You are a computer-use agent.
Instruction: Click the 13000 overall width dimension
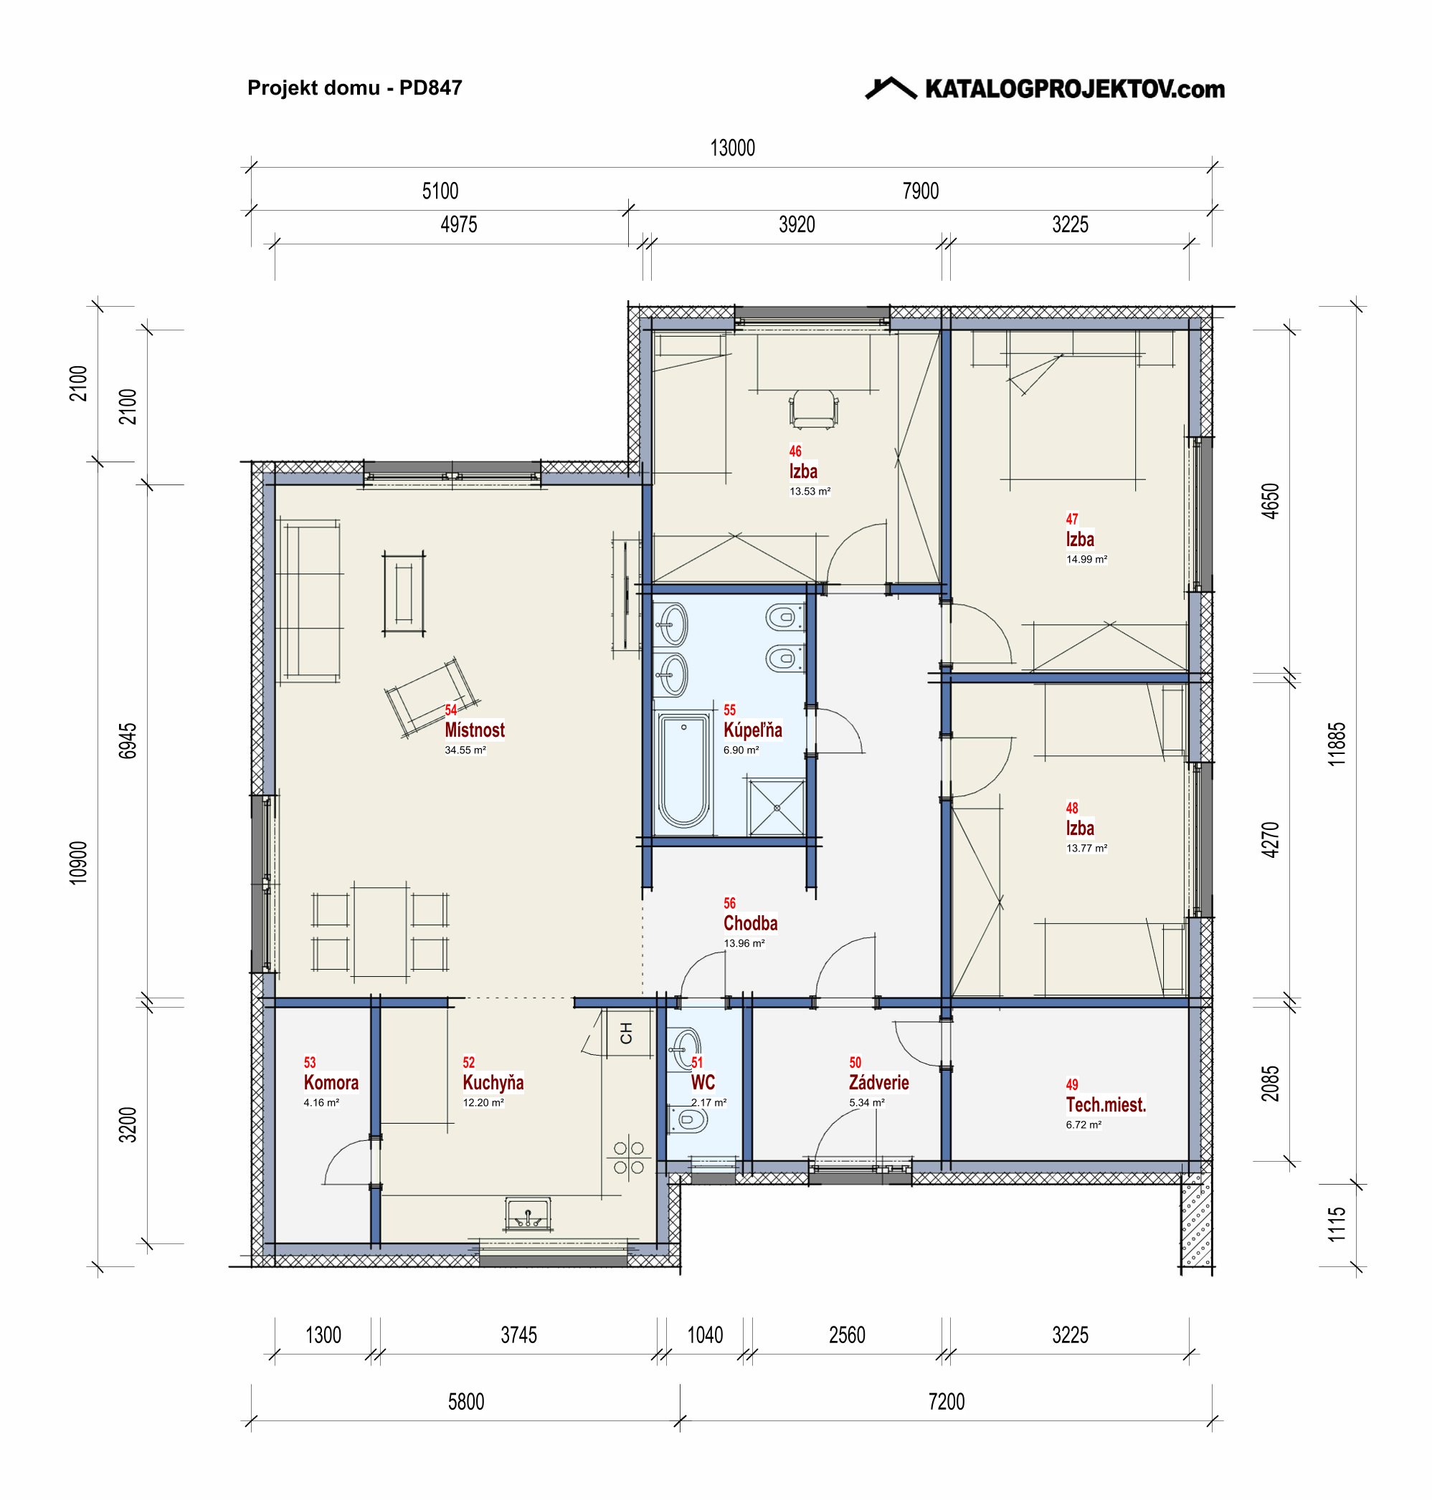732,148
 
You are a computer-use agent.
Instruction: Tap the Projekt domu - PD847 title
355,87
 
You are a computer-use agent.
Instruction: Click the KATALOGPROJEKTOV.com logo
1044,88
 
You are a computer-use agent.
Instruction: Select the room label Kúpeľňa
753,730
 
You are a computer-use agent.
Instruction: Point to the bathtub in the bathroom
684,770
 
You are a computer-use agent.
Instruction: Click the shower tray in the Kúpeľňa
777,807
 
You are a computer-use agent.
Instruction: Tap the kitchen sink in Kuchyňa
528,1214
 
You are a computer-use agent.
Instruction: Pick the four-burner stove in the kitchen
629,1157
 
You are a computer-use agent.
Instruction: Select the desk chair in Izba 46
814,409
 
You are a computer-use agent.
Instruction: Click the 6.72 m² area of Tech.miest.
1084,1124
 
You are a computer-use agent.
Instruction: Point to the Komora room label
331,1082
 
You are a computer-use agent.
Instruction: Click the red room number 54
451,710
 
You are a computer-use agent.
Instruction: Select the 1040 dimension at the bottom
705,1334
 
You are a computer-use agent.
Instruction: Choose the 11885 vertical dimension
1337,744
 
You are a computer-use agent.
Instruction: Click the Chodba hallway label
750,923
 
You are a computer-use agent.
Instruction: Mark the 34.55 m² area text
465,750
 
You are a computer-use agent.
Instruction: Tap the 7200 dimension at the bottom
947,1402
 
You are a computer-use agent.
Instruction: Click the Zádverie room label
878,1082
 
